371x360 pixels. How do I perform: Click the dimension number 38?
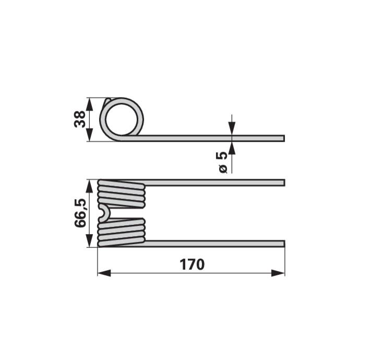click(80, 119)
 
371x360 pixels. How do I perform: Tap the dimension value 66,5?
click(80, 213)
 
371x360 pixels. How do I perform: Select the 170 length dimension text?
click(192, 264)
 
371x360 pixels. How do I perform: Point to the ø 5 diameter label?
click(222, 162)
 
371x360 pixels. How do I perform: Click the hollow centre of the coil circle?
click(122, 119)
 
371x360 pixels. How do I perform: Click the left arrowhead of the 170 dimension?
click(104, 273)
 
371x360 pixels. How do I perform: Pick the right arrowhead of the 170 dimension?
click(278, 273)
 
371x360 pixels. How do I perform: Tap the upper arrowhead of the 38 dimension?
click(89, 104)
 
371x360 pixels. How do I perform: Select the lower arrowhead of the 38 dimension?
click(89, 135)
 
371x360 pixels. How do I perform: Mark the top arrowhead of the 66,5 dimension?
click(89, 187)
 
